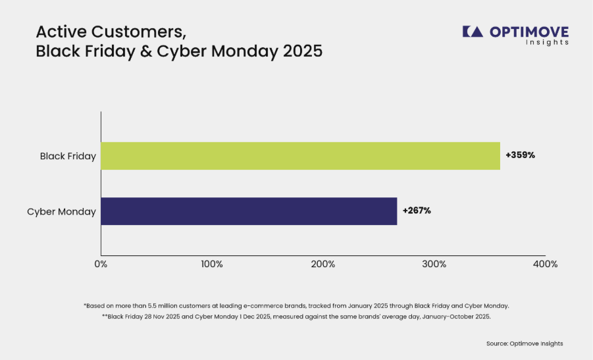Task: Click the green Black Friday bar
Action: [x=301, y=156]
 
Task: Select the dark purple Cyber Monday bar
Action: [x=249, y=211]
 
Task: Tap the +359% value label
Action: [x=521, y=155]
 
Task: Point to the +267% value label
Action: [x=417, y=211]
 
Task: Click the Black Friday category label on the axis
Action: [x=68, y=156]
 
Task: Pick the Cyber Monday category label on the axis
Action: [x=61, y=212]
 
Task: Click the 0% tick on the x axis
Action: [x=101, y=265]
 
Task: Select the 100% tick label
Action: [x=212, y=265]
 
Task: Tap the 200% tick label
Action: [x=323, y=265]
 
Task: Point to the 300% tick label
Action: [x=434, y=265]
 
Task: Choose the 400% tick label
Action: [x=546, y=265]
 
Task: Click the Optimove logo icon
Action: [x=473, y=32]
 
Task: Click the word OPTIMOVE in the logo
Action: [x=529, y=32]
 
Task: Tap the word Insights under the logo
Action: [x=547, y=42]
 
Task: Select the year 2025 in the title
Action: [x=303, y=51]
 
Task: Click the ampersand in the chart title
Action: [x=145, y=51]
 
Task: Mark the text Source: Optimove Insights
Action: [x=525, y=344]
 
